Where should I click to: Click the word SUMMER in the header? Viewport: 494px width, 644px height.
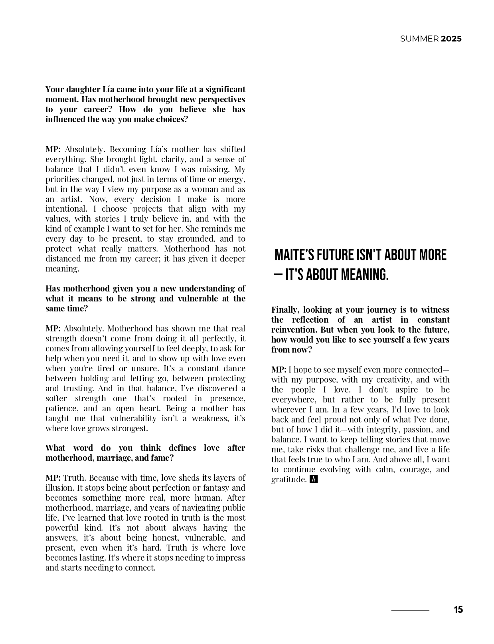click(x=419, y=39)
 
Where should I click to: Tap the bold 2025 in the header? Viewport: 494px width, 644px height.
click(x=451, y=39)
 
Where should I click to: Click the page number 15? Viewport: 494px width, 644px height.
click(x=458, y=610)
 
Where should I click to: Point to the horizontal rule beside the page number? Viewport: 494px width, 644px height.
click(x=410, y=610)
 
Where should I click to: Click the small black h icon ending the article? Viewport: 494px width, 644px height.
click(x=314, y=480)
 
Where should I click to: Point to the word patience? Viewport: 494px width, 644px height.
click(x=60, y=408)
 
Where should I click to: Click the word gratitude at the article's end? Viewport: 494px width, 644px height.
click(x=288, y=480)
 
